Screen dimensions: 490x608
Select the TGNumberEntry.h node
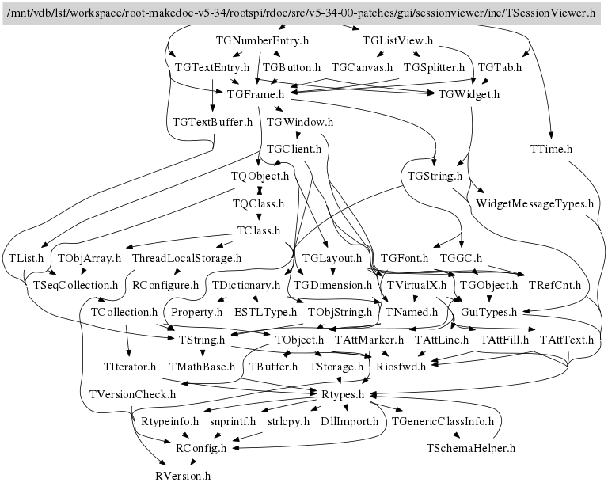262,40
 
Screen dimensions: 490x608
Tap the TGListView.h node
397,40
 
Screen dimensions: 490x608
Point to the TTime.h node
551,149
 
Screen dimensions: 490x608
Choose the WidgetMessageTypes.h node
535,203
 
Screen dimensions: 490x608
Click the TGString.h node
435,176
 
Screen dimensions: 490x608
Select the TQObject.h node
260,176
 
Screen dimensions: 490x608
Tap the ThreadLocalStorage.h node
186,258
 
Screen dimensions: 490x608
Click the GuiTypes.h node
488,312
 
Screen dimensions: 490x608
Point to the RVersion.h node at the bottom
183,476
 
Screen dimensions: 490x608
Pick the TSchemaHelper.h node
471,448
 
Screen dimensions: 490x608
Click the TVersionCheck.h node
132,393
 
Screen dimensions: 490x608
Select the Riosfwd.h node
401,367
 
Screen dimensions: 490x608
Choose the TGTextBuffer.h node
212,122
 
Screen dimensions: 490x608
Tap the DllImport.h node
350,421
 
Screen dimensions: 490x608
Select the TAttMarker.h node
370,340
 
